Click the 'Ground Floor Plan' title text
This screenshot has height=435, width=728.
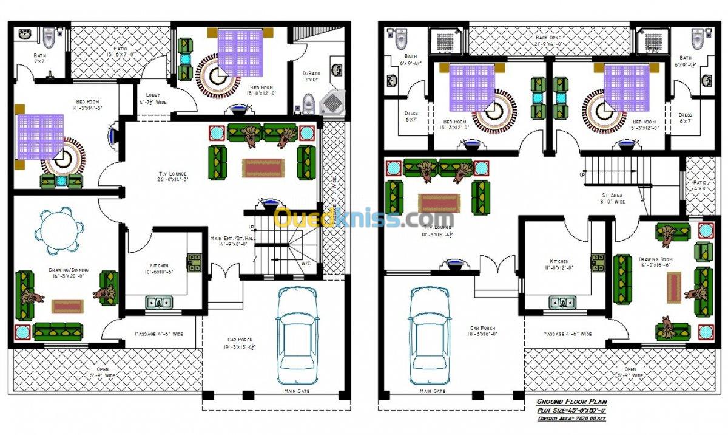(571, 402)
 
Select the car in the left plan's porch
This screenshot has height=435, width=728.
(297, 335)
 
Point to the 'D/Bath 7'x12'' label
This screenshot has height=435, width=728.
(311, 77)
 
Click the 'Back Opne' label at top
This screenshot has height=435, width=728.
(549, 41)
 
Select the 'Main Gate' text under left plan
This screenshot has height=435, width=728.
(298, 391)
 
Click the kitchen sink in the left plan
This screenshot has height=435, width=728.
(159, 301)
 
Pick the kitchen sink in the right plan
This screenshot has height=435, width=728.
(562, 301)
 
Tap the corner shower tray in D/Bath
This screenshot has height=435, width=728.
(332, 103)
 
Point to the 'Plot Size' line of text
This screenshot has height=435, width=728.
(571, 410)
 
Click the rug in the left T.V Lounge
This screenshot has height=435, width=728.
(263, 167)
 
